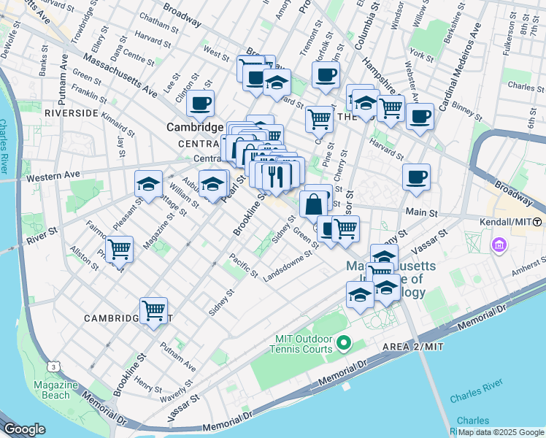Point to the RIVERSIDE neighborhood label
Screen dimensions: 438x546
pos(72,114)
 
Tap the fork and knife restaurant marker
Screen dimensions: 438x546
pos(277,177)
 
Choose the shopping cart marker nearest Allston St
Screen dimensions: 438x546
pos(119,250)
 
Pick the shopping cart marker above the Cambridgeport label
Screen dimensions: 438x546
pos(153,310)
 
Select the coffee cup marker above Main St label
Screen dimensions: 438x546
pos(416,177)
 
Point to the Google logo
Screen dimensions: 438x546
pos(24,429)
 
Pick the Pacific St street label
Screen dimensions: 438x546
pos(242,265)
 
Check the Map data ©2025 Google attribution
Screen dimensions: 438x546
pos(501,432)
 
